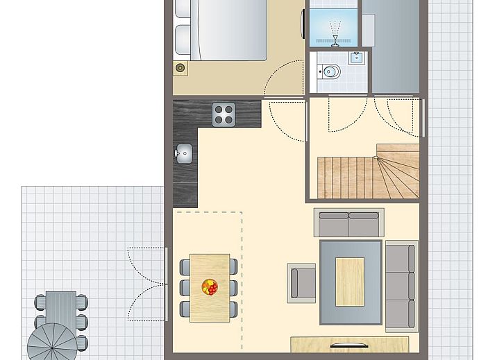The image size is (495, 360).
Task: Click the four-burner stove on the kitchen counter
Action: [x=224, y=114]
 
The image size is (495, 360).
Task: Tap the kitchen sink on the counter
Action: [x=184, y=154]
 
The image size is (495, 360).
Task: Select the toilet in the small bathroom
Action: [x=329, y=71]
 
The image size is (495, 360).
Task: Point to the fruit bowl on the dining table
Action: [x=209, y=286]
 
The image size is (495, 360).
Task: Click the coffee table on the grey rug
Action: [x=349, y=281]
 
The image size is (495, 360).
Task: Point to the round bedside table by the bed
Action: [x=181, y=67]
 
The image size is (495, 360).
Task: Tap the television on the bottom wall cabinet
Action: [x=348, y=345]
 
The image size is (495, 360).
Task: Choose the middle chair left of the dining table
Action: [x=185, y=287]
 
